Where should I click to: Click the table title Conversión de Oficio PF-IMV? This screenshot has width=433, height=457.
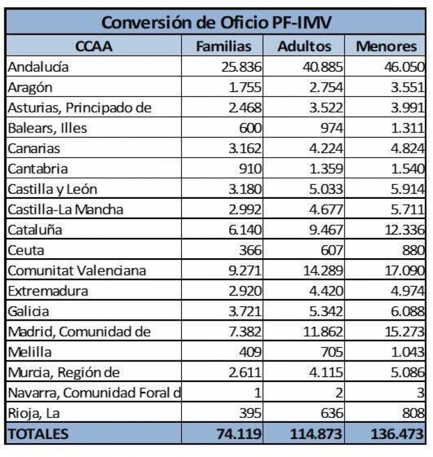click(217, 22)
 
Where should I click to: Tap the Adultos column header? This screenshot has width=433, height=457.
click(304, 46)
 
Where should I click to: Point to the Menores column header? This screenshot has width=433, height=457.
click(385, 46)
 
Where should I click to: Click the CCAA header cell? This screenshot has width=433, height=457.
click(94, 46)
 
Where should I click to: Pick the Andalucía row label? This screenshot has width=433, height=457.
click(38, 67)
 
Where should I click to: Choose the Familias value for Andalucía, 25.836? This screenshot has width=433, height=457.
click(241, 67)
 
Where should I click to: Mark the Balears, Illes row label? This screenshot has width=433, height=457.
click(48, 128)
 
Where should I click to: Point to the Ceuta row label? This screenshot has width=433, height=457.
click(26, 250)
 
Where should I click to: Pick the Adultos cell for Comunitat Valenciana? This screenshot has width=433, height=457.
click(322, 271)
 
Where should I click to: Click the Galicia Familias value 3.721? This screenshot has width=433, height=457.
click(245, 312)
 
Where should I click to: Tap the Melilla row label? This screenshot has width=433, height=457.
click(30, 353)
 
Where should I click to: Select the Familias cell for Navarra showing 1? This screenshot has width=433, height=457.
click(257, 393)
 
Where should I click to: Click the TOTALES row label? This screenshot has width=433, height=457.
click(38, 433)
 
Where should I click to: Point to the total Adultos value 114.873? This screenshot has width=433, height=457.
click(316, 433)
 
